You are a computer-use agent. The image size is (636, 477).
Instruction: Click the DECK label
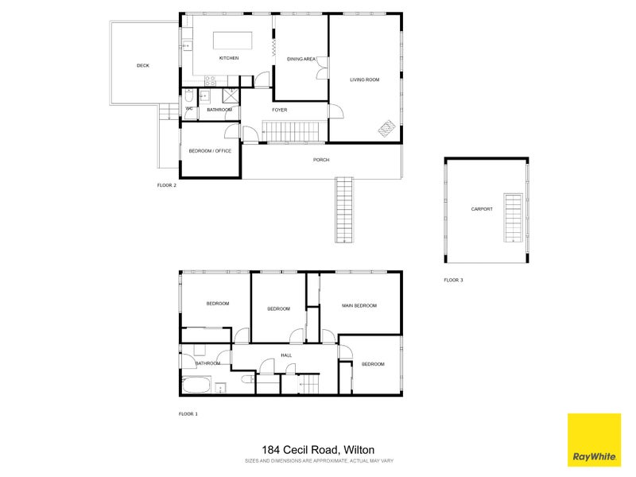143,66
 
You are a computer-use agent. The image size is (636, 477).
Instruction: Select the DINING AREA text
302,59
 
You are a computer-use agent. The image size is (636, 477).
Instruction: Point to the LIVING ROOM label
365,79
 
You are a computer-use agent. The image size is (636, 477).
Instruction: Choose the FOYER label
279,110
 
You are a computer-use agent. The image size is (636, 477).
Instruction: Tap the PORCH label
321,160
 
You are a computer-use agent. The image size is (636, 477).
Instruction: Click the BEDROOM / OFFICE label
210,150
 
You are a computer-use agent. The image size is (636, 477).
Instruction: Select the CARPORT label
482,209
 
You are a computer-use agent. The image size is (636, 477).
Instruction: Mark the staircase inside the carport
514,215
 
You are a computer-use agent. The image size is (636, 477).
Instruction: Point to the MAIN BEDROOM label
359,305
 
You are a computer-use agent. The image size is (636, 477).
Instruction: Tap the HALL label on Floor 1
286,355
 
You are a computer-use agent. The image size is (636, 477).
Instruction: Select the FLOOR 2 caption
167,184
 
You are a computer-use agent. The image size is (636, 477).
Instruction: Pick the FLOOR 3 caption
453,280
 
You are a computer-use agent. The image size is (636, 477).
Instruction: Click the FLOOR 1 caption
188,414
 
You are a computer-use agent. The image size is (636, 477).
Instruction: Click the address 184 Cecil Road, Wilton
318,449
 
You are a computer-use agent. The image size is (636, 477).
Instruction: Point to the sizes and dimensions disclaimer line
318,460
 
